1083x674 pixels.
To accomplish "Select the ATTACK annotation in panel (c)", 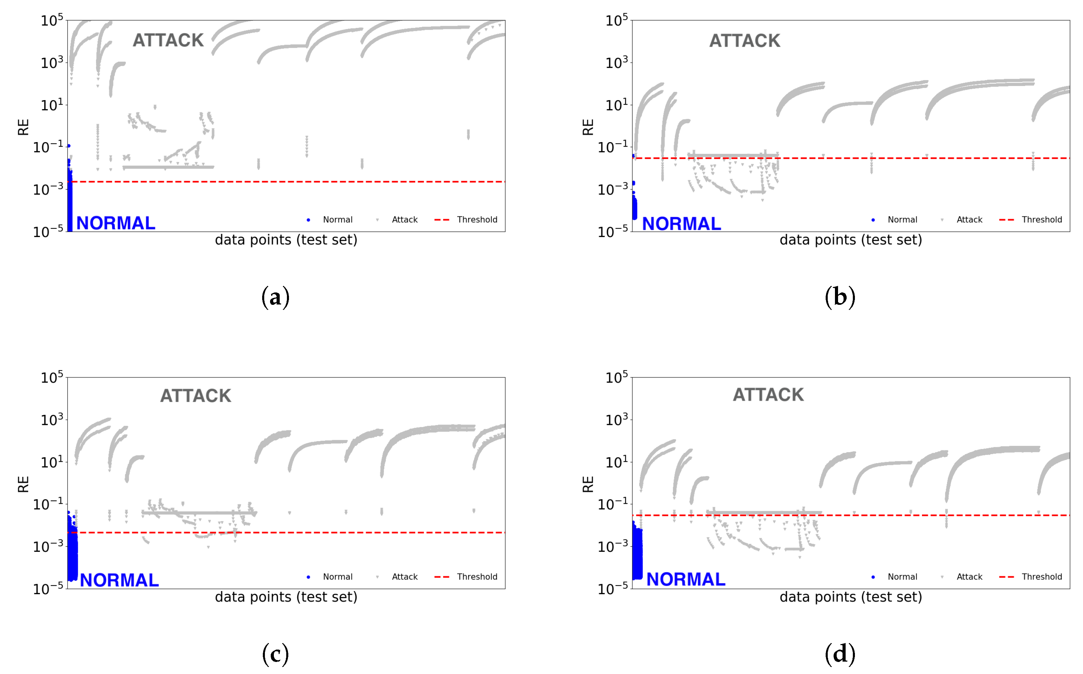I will point(196,396).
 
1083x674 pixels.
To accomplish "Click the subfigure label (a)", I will point(276,297).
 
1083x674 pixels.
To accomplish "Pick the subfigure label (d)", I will point(840,654).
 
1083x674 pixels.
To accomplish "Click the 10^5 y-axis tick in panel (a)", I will point(52,20).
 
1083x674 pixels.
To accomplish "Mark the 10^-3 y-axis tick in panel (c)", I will point(48,546).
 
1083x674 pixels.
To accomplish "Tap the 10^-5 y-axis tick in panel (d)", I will point(612,588).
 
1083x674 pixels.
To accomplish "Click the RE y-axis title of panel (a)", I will point(23,127).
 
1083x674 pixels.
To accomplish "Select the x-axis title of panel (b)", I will point(850,240).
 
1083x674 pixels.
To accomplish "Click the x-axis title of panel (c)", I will point(286,597).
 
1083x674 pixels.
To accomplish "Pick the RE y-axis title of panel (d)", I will point(588,484).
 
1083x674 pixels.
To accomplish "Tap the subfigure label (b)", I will point(840,297).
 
